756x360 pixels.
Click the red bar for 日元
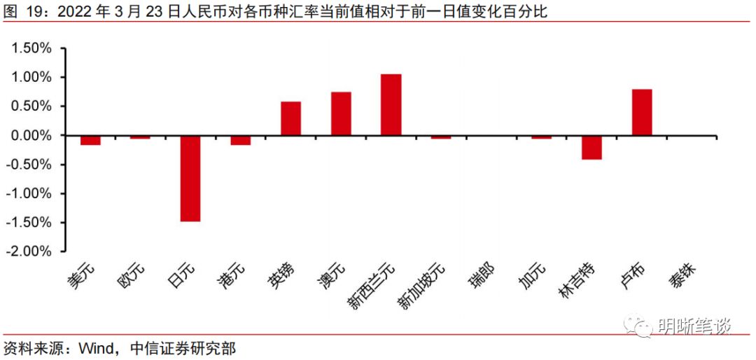pos(190,178)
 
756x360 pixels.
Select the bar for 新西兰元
pos(391,104)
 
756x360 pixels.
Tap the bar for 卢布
pos(641,112)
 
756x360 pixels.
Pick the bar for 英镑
pos(290,118)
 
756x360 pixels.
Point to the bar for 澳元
pos(341,113)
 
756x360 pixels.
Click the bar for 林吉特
pos(591,147)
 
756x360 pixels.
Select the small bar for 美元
pos(90,140)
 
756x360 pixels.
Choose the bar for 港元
pos(240,140)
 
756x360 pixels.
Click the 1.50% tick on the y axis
pos(30,48)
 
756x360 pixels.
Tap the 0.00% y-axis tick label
pos(30,135)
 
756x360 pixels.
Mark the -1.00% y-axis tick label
pos(28,193)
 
